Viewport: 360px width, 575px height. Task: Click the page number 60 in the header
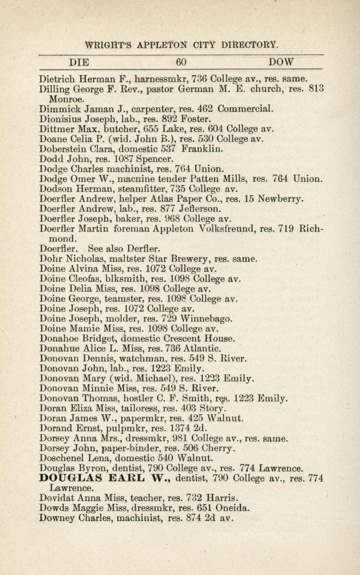click(x=181, y=62)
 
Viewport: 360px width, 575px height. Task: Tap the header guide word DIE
click(x=79, y=62)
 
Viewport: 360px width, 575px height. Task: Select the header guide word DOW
click(x=281, y=62)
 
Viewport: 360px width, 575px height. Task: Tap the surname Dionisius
click(x=60, y=119)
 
